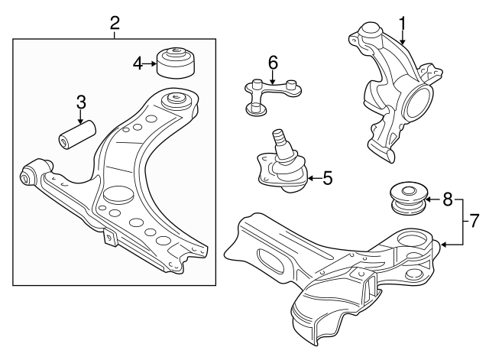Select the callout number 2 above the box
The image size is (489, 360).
(x=115, y=22)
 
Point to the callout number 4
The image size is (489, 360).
(x=138, y=63)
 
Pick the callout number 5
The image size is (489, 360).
(x=327, y=179)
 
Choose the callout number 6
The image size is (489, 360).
(x=272, y=62)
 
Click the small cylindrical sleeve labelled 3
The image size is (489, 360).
(x=76, y=132)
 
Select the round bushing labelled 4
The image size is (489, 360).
(x=175, y=62)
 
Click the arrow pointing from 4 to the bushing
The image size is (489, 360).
(x=149, y=63)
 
